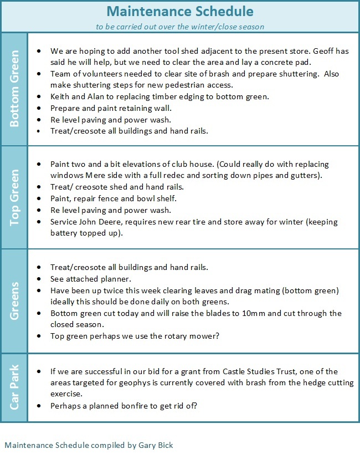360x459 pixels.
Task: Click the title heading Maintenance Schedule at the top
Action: coord(180,11)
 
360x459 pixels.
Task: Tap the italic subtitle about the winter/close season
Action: coord(180,25)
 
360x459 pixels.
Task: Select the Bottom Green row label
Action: coord(15,89)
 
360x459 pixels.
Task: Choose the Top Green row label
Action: coord(15,197)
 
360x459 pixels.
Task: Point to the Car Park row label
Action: coord(15,387)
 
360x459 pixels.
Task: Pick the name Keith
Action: coord(60,96)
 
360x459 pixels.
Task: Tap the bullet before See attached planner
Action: coord(38,279)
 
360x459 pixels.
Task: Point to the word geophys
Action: coord(142,382)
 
